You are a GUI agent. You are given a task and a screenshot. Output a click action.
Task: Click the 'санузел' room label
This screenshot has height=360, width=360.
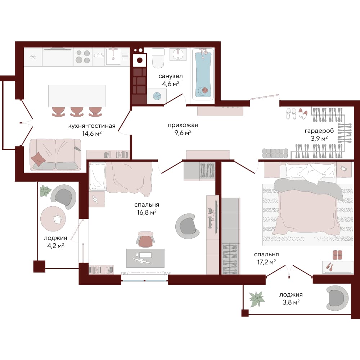click(170, 76)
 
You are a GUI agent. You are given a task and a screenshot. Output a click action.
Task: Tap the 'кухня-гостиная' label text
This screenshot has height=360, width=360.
click(92, 126)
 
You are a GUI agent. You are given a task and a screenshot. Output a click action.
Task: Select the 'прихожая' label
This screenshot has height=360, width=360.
click(183, 125)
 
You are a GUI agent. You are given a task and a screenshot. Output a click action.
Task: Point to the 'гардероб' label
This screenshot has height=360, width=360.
click(319, 131)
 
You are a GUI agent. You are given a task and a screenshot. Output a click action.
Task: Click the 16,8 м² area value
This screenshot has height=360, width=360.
click(147, 212)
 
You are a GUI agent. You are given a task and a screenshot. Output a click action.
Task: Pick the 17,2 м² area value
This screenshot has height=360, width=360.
click(266, 262)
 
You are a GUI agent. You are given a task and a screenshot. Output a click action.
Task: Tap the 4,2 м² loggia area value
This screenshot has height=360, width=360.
click(55, 246)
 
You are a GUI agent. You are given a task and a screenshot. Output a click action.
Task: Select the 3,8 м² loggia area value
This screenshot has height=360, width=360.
click(291, 302)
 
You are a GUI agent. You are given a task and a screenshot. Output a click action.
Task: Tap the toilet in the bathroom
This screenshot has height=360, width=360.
click(158, 58)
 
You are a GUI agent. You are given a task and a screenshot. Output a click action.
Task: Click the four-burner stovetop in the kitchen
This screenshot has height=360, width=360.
click(83, 57)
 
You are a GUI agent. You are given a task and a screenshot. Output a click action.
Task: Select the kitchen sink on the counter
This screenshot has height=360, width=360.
click(113, 56)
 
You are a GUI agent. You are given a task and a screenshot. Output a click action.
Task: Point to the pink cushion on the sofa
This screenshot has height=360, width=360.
click(38, 159)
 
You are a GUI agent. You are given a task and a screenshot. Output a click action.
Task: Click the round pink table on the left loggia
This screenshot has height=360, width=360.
click(53, 219)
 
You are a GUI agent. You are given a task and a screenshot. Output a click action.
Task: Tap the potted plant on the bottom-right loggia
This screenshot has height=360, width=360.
click(257, 299)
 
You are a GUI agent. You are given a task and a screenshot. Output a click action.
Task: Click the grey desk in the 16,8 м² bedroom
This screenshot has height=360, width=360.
click(145, 258)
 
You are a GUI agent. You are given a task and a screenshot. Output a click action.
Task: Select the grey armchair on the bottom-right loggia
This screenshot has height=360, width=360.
click(337, 298)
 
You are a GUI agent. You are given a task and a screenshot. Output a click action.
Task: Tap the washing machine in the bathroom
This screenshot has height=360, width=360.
click(157, 96)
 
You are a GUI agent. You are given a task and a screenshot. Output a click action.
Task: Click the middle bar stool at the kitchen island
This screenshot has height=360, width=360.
click(77, 112)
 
